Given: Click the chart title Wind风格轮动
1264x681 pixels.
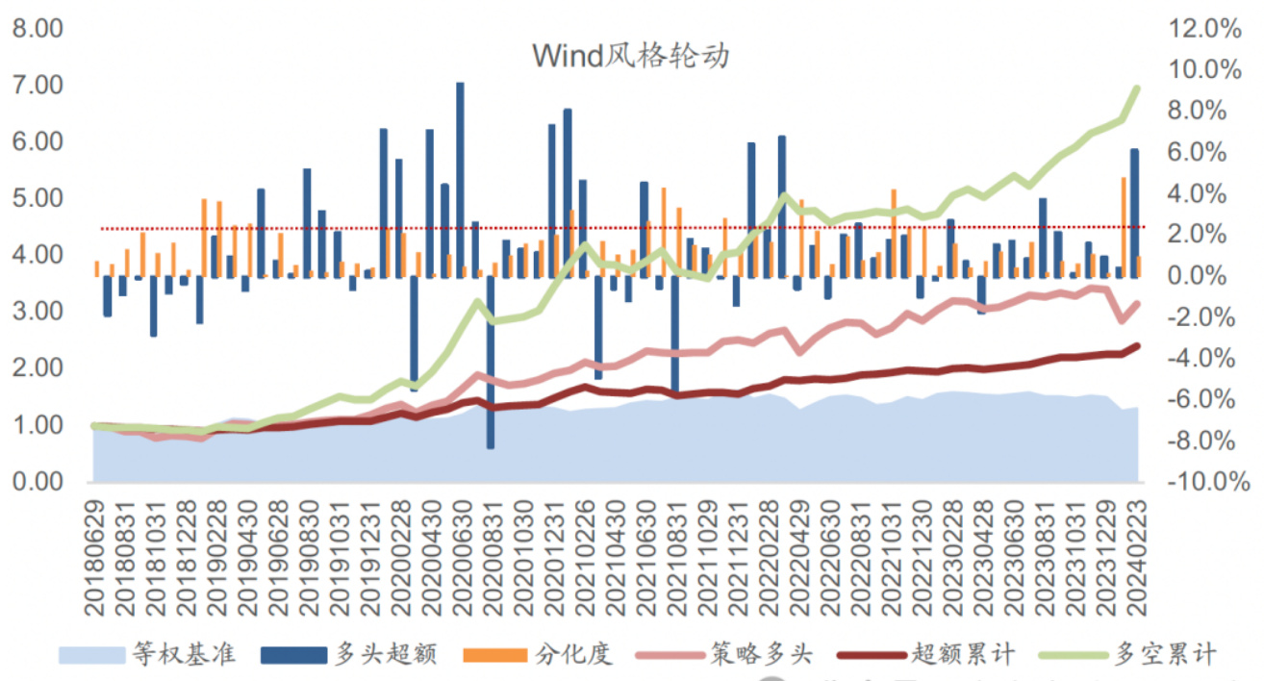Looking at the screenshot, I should pyautogui.click(x=631, y=56).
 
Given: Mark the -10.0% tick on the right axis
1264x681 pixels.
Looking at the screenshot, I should pyautogui.click(x=1202, y=482).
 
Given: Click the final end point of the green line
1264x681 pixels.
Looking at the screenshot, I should pyautogui.click(x=1137, y=88).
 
